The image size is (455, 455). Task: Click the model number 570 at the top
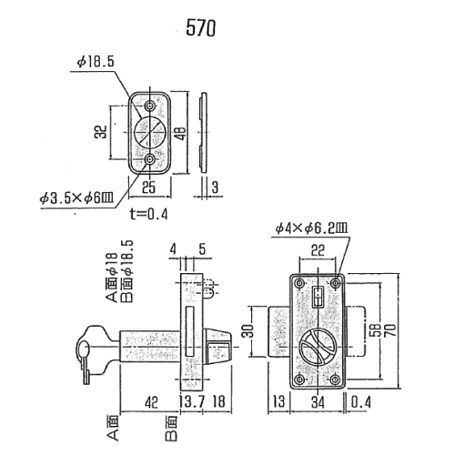[x=200, y=28]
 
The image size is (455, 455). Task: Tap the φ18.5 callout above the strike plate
[x=96, y=62]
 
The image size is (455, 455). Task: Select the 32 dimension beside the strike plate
[x=103, y=132]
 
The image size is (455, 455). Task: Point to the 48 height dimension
[x=181, y=132]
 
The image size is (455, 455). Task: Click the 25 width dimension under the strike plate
[x=148, y=187]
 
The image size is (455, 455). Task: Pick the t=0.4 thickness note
[x=148, y=214]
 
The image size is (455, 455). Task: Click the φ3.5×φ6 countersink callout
[x=76, y=198]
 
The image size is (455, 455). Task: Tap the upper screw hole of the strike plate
[x=149, y=106]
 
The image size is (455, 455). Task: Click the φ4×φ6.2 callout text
[x=312, y=228]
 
